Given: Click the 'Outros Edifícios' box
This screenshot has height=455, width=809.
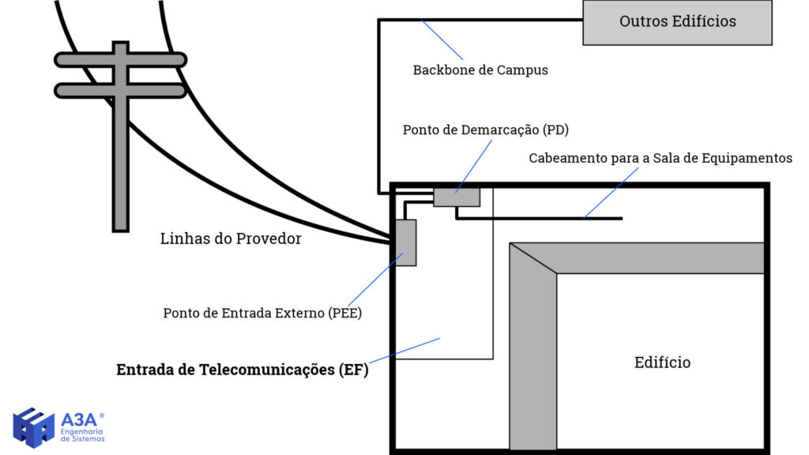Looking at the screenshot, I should coord(677,22).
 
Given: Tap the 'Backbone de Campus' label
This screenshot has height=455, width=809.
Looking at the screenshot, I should coord(480,70).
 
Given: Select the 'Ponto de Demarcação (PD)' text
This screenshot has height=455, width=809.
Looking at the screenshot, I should coord(486,130).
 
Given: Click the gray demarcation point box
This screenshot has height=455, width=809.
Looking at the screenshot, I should coord(457,195).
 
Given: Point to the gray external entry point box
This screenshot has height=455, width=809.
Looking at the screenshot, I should coord(405,243).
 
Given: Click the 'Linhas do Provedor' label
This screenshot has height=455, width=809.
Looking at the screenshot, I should coord(231,239).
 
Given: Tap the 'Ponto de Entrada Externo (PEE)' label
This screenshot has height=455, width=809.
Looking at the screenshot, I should coord(262,313).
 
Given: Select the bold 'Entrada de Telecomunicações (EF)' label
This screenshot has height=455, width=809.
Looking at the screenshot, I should coord(243,370).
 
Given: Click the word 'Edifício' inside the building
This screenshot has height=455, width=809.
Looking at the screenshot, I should coord(662,363).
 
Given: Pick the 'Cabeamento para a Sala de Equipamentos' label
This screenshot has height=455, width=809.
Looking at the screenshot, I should coord(660,159).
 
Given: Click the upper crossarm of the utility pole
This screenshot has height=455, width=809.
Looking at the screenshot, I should coord(120,59).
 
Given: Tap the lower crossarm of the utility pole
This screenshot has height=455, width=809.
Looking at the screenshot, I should coord(120,91).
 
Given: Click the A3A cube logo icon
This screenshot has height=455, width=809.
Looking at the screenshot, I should coord(34,427).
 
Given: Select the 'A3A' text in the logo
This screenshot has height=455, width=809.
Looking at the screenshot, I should coord(78,419).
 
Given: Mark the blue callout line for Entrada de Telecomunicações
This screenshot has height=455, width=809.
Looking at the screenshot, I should coord(403,351).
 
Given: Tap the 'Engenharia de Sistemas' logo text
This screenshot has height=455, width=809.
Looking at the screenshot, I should coord(82,435).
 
